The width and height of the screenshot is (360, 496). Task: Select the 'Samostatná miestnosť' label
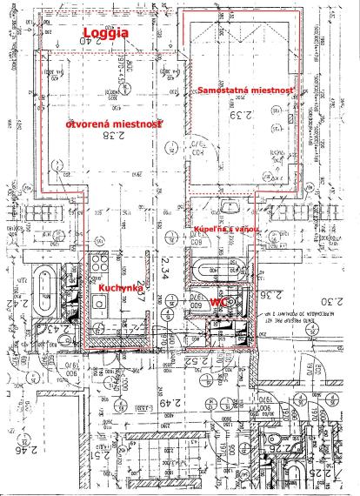pyautogui.click(x=247, y=90)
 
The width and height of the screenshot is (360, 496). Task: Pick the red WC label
pyautogui.click(x=218, y=299)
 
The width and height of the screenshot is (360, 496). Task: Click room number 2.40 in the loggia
pyautogui.click(x=106, y=40)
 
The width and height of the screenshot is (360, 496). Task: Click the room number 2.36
pyautogui.click(x=247, y=294)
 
